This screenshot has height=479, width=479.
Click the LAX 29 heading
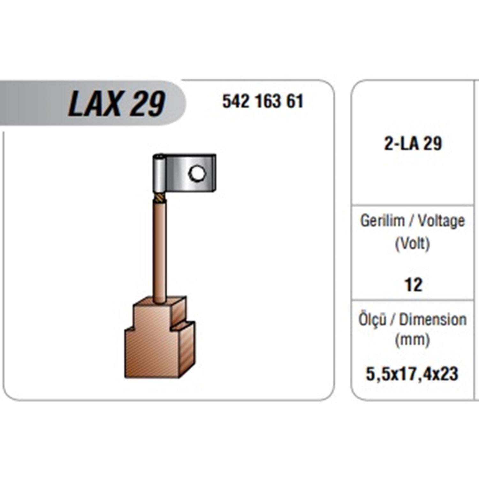pos(117,103)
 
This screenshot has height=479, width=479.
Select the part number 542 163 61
pos(263,101)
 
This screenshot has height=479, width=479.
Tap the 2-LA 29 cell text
pos(413,143)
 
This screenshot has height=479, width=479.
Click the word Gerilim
pos(382,220)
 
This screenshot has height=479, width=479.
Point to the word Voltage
pos(441,221)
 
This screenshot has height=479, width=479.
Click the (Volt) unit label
pos(412,244)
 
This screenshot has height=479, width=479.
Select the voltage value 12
pos(413,285)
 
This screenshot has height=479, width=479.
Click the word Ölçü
pos(372,319)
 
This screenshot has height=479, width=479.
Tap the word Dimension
pos(433,320)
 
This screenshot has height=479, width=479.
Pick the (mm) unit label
pos(412,340)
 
